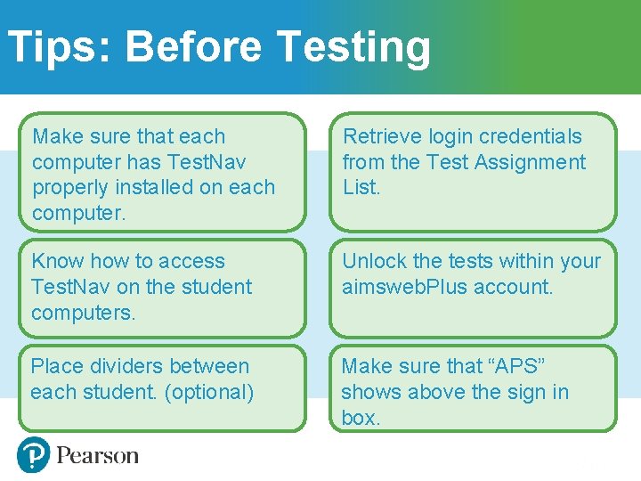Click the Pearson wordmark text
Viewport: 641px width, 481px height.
pos(97,456)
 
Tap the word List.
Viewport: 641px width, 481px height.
pos(361,187)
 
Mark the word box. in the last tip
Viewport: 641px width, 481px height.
pos(361,418)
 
